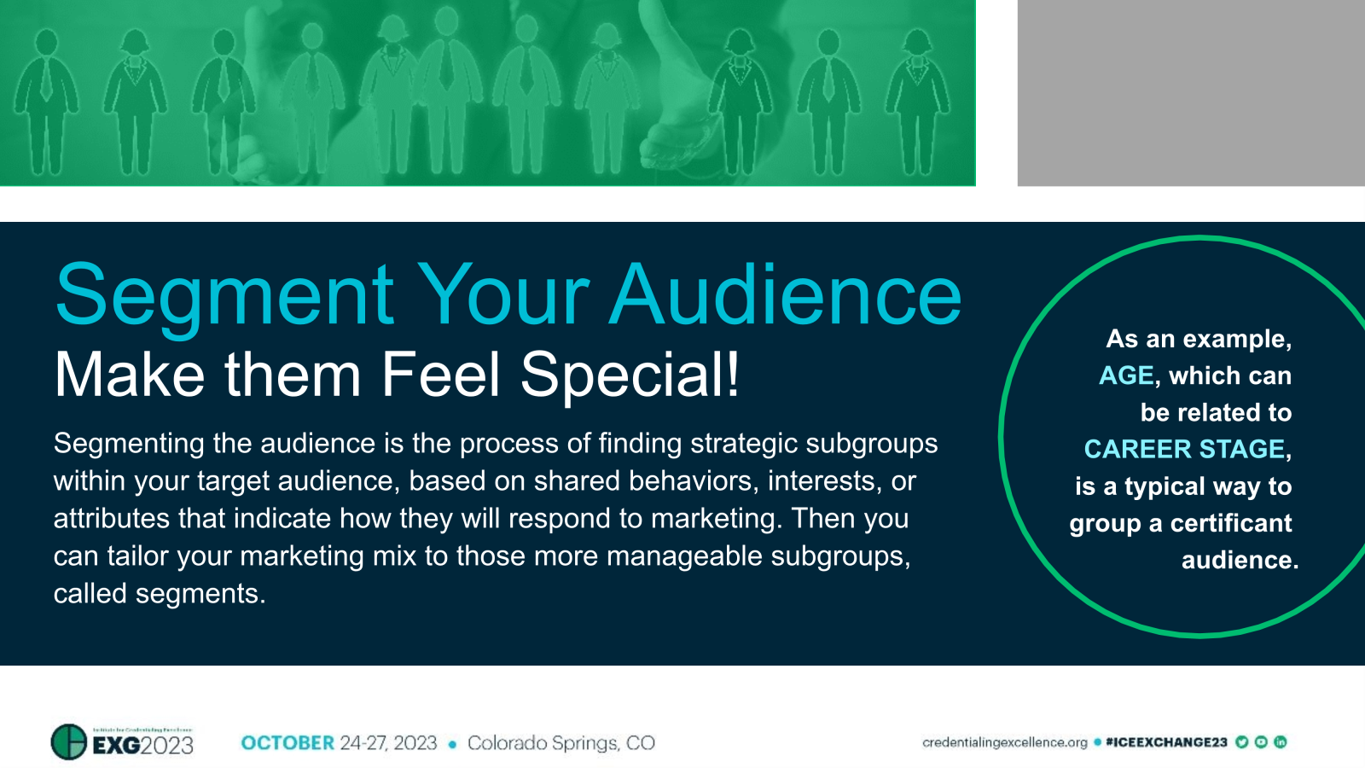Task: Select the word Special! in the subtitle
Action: point(630,375)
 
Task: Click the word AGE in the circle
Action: point(1126,375)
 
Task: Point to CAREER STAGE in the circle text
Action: point(1185,449)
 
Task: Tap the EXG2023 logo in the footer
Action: point(122,742)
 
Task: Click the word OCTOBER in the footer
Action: point(288,742)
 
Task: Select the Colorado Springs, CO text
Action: point(561,742)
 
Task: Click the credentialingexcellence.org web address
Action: point(1004,742)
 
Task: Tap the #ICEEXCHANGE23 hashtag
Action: point(1165,742)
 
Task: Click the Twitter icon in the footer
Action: point(1242,742)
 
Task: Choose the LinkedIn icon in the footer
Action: point(1280,742)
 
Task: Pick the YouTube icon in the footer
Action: point(1261,742)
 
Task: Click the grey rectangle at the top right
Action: point(1191,92)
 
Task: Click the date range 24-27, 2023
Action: point(388,742)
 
